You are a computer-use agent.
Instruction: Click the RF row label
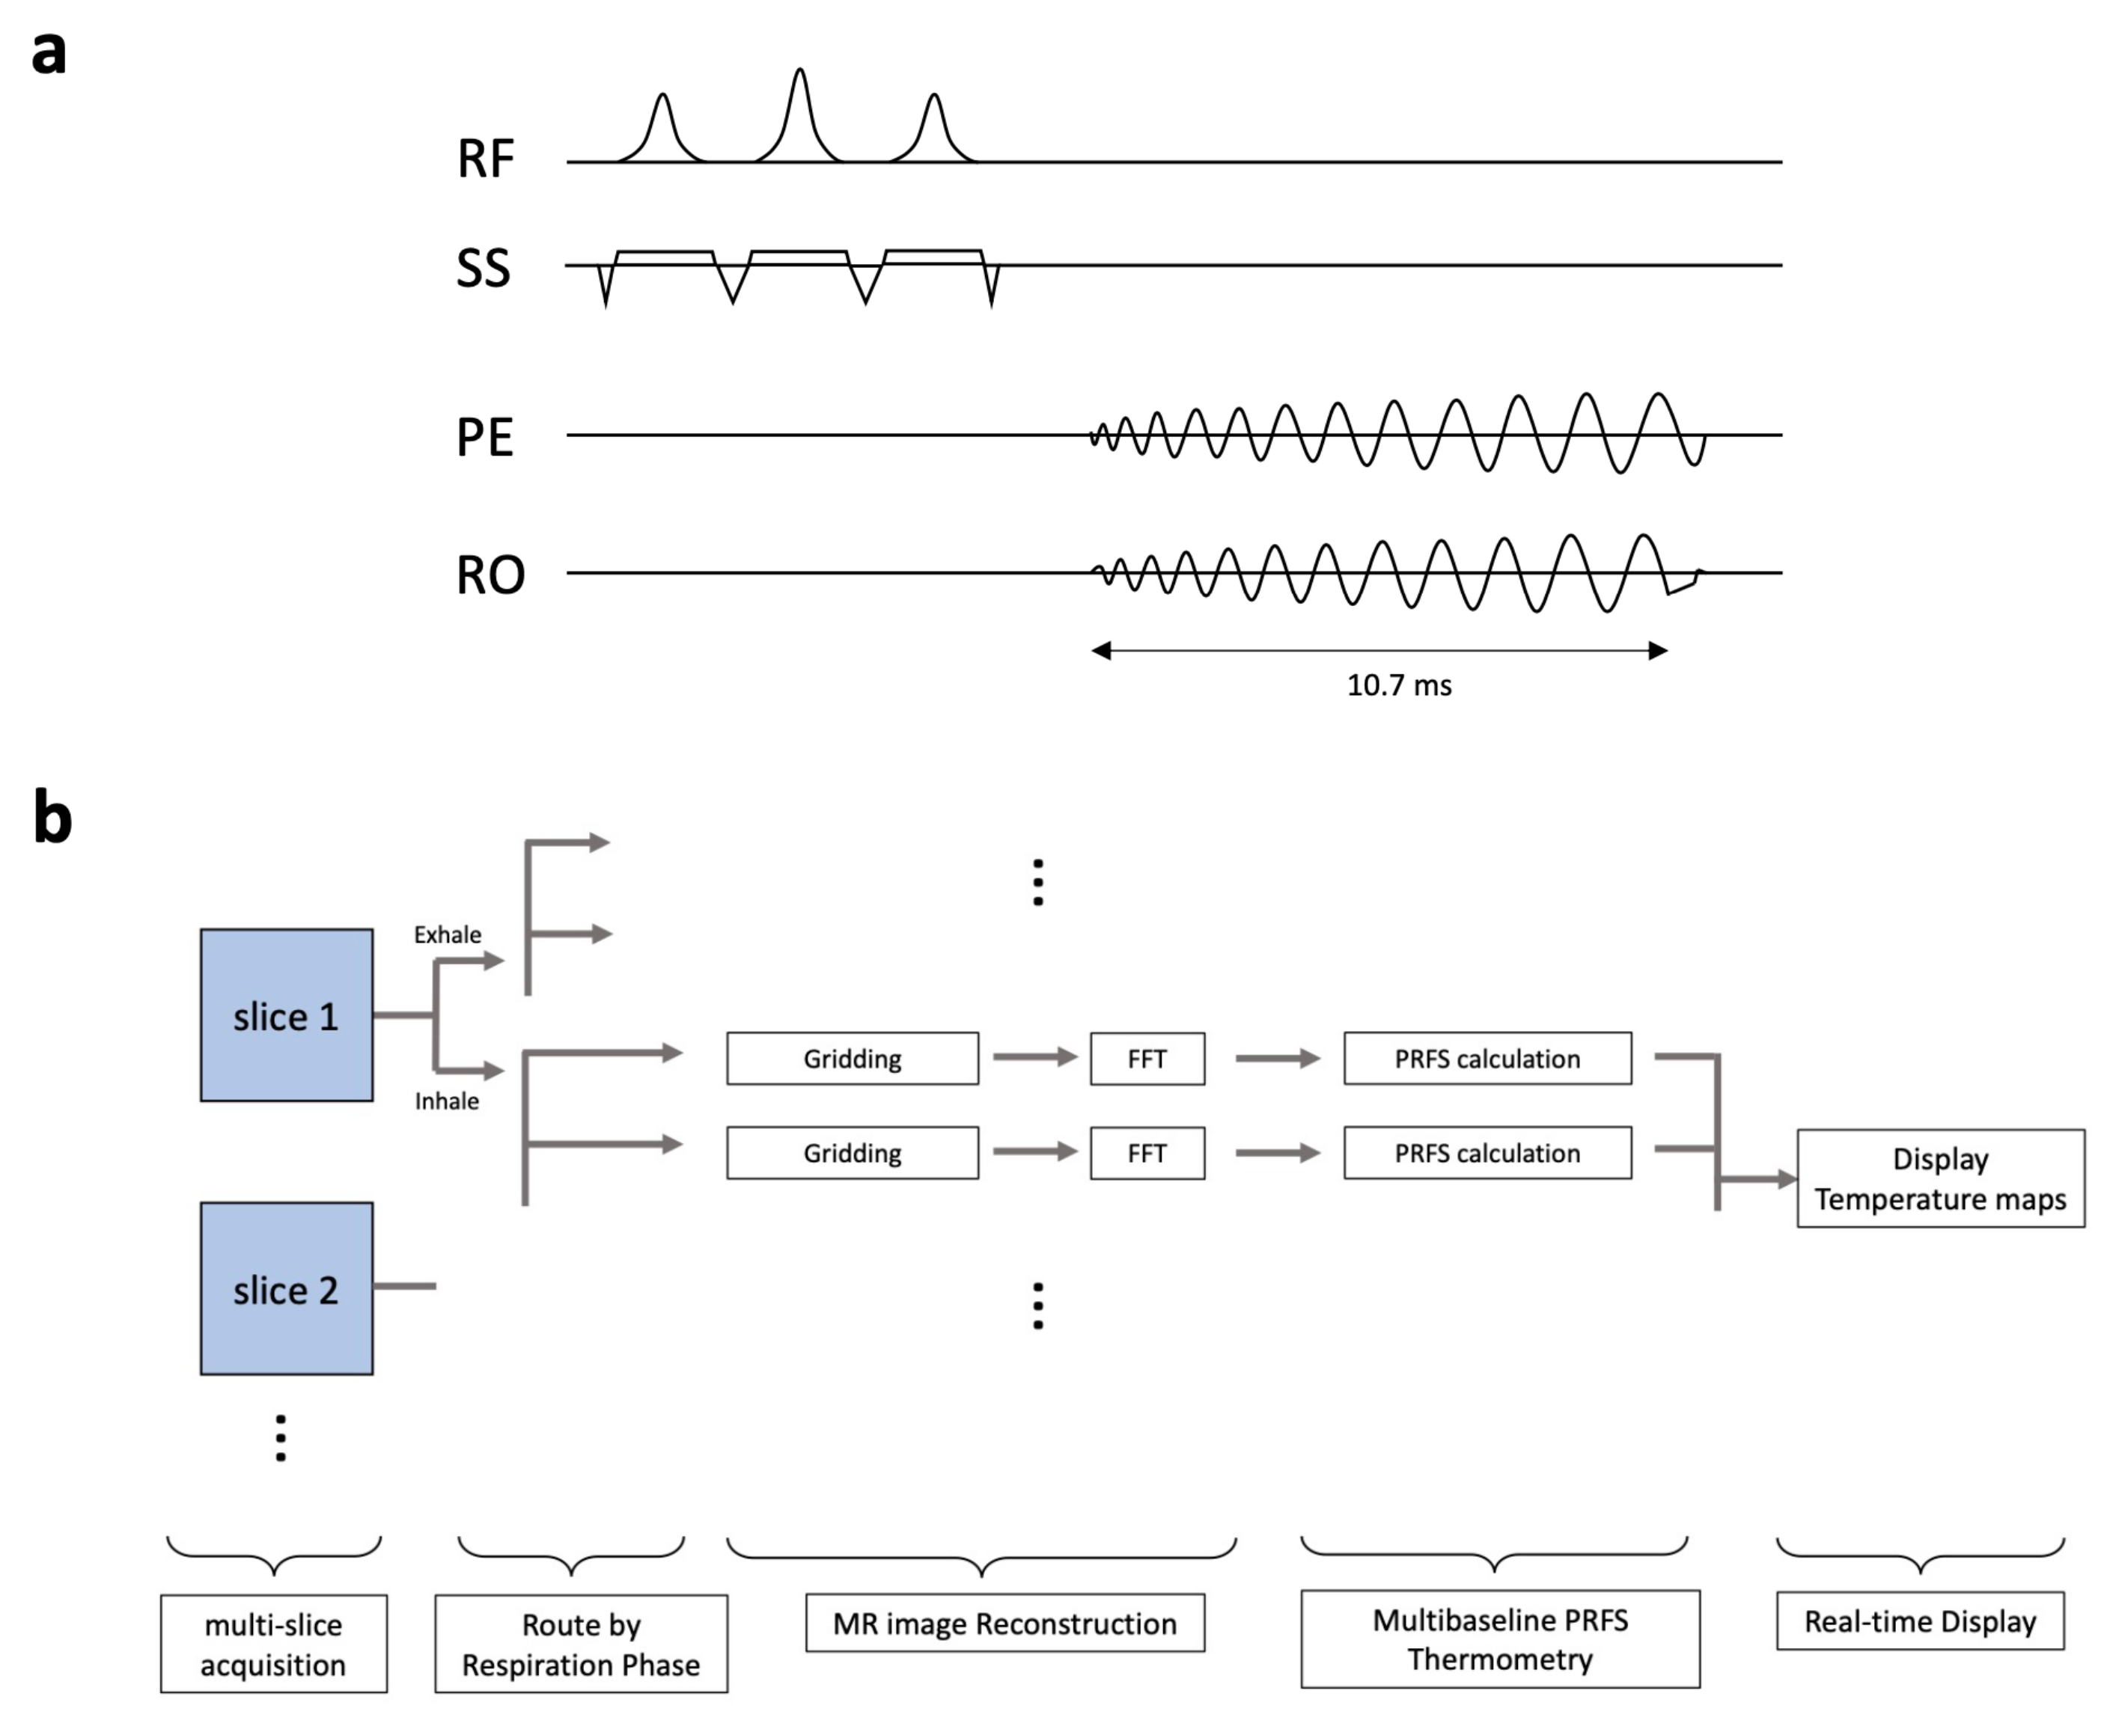pyautogui.click(x=485, y=159)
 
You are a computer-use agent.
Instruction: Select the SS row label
pyautogui.click(x=483, y=268)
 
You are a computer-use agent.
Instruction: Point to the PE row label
pyautogui.click(x=485, y=437)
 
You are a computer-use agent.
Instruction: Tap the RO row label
pyautogui.click(x=490, y=575)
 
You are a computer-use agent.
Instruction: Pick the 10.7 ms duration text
pyautogui.click(x=1398, y=685)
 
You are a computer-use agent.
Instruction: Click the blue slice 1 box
pyautogui.click(x=287, y=1015)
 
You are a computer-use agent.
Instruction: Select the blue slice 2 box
pyautogui.click(x=287, y=1289)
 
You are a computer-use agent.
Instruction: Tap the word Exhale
pyautogui.click(x=447, y=934)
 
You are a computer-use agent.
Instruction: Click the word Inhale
pyautogui.click(x=446, y=1101)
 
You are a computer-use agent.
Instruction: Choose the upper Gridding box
pyautogui.click(x=853, y=1058)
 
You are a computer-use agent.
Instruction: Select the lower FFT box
pyautogui.click(x=1147, y=1153)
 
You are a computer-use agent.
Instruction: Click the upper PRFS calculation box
pyautogui.click(x=1487, y=1058)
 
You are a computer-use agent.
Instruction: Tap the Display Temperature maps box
pyautogui.click(x=1939, y=1179)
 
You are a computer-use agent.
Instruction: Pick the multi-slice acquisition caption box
pyautogui.click(x=273, y=1644)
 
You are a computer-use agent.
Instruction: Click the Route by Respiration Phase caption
pyautogui.click(x=581, y=1644)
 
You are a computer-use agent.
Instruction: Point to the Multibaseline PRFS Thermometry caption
pyautogui.click(x=1499, y=1640)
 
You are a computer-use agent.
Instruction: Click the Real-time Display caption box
pyautogui.click(x=1920, y=1622)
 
